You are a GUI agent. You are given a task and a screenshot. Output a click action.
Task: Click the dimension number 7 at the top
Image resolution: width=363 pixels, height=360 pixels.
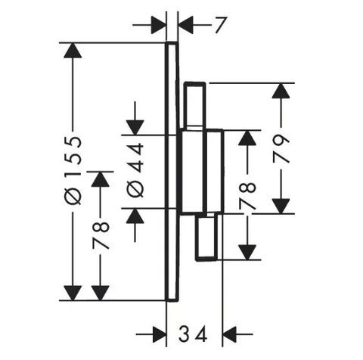(221, 25)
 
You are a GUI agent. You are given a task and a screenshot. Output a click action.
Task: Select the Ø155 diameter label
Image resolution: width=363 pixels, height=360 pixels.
(73, 171)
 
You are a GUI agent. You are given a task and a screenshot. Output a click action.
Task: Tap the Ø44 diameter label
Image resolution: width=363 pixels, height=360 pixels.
(135, 170)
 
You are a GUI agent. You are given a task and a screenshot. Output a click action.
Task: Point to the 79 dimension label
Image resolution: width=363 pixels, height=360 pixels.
(281, 149)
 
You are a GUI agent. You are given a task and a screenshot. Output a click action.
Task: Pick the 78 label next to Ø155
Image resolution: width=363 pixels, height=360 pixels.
(101, 235)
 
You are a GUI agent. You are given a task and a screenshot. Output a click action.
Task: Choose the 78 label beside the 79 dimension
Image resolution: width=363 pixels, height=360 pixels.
(247, 196)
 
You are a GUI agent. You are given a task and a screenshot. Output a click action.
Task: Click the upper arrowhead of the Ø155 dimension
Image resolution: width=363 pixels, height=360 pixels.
(73, 51)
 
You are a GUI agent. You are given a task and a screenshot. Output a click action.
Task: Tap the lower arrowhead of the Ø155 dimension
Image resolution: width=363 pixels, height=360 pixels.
(73, 293)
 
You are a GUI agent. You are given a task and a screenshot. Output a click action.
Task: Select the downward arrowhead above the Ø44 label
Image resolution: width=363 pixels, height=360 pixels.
(135, 128)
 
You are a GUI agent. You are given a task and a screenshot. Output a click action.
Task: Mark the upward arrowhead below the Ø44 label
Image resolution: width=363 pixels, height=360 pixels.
(135, 216)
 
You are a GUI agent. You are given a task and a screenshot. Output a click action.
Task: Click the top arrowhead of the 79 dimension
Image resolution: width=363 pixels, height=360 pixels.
(281, 91)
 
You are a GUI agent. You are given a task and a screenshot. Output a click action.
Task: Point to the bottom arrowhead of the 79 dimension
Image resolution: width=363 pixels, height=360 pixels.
(281, 206)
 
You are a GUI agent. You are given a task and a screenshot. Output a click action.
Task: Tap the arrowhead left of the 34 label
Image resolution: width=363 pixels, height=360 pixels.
(159, 334)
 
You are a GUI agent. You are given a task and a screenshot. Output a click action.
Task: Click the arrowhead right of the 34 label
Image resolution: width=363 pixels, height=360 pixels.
(230, 334)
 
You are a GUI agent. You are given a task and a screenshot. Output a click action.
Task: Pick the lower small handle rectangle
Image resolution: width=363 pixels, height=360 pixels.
(207, 237)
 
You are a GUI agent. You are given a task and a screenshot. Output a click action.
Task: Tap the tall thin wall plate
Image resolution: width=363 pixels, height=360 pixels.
(172, 172)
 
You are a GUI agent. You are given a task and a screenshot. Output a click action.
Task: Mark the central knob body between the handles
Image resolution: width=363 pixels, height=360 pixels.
(201, 172)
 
